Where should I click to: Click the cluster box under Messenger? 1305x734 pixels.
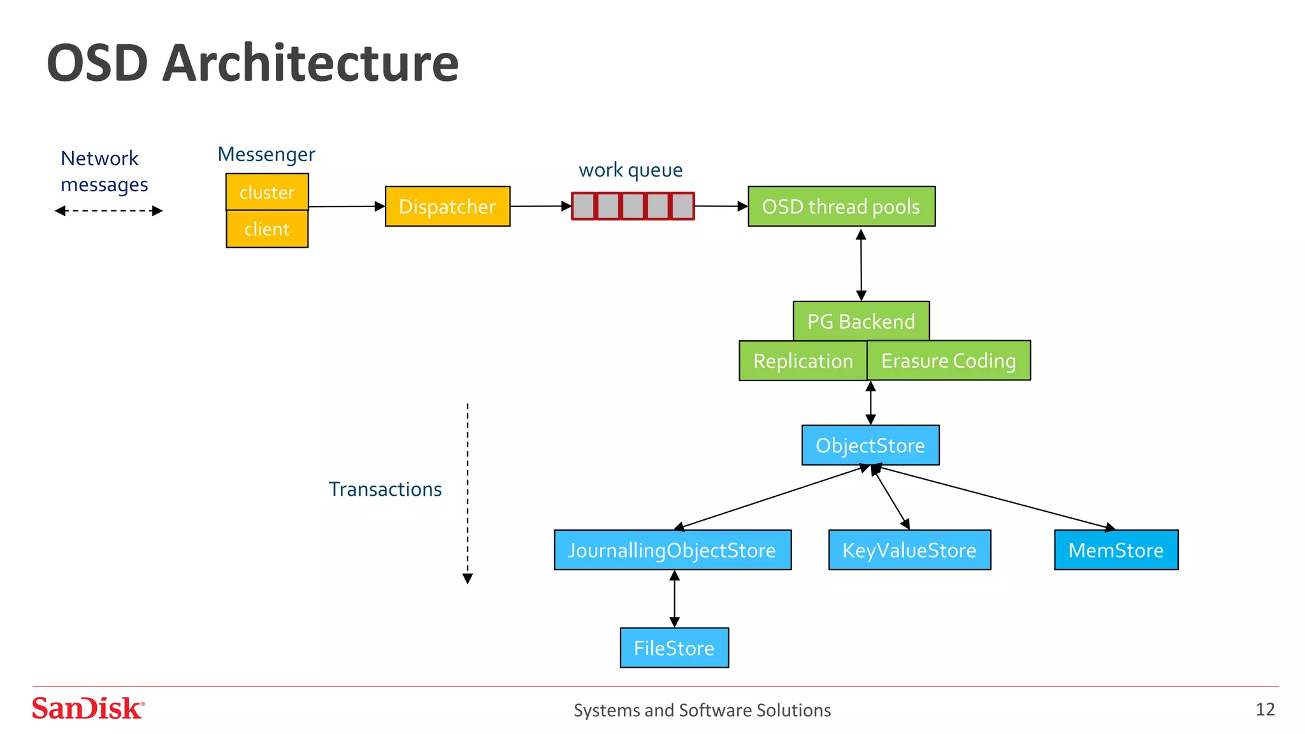pyautogui.click(x=267, y=192)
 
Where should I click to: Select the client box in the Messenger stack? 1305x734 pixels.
pyautogui.click(x=267, y=229)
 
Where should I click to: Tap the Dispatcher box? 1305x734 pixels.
pyautogui.click(x=447, y=206)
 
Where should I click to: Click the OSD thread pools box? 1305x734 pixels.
pyautogui.click(x=841, y=206)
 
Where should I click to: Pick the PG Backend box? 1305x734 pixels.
pyautogui.click(x=861, y=321)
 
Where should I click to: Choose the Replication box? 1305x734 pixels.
pyautogui.click(x=803, y=361)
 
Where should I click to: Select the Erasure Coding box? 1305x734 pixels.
pyautogui.click(x=948, y=361)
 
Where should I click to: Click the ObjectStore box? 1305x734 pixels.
pyautogui.click(x=870, y=445)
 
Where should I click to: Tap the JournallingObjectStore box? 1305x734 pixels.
pyautogui.click(x=672, y=550)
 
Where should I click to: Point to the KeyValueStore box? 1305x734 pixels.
pyautogui.click(x=909, y=550)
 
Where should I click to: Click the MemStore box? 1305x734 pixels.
pyautogui.click(x=1116, y=550)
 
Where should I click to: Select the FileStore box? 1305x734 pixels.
pyautogui.click(x=674, y=648)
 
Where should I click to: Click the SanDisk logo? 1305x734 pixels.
pyautogui.click(x=88, y=709)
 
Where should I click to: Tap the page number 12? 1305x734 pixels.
pyautogui.click(x=1265, y=709)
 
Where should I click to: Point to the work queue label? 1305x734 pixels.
pyautogui.click(x=630, y=170)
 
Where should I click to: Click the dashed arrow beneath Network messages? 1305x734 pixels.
pyautogui.click(x=108, y=211)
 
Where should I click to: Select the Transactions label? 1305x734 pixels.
pyautogui.click(x=385, y=489)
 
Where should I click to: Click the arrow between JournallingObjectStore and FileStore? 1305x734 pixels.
pyautogui.click(x=675, y=599)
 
